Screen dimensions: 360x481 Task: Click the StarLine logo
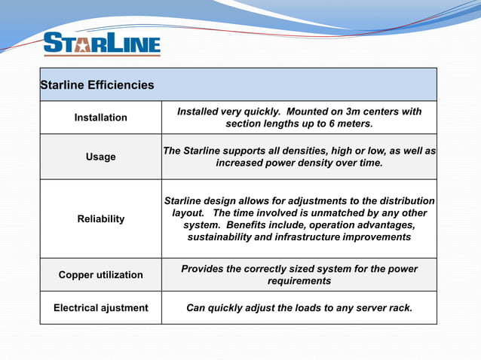[102, 44]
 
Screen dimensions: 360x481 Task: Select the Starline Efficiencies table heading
[97, 85]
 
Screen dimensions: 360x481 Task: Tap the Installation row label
[100, 117]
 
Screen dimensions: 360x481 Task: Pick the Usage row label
[100, 157]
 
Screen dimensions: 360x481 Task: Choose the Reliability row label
[100, 219]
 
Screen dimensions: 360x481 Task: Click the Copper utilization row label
[100, 275]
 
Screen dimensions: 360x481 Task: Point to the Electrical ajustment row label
[100, 308]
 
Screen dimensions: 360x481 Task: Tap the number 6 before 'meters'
[330, 124]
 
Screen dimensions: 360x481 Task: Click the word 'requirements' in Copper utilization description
[299, 281]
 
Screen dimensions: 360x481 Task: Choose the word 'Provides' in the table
[204, 269]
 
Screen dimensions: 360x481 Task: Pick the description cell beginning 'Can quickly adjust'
[299, 308]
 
